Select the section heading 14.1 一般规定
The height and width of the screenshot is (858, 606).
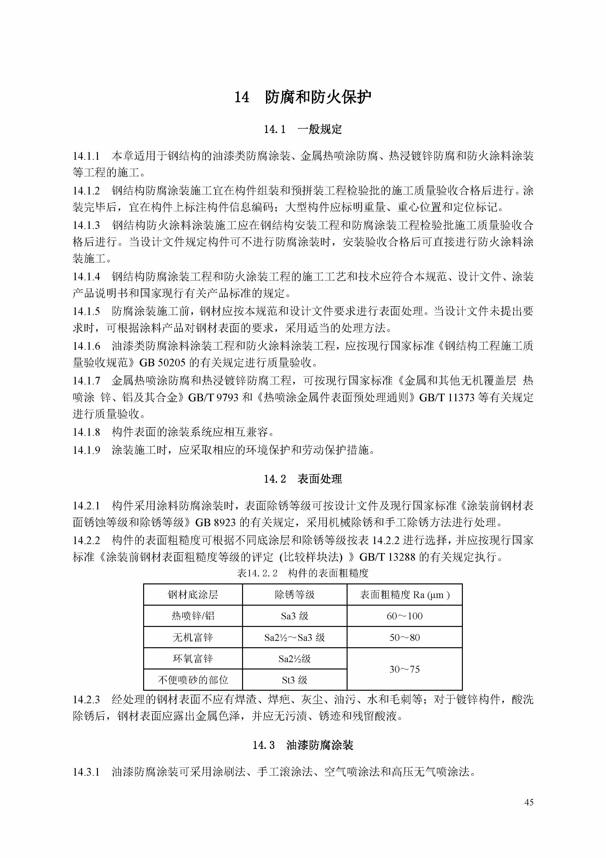303,129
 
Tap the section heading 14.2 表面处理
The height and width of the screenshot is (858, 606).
303,479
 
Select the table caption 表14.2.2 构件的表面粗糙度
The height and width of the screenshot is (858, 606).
303,573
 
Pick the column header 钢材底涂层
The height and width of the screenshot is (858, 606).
193,595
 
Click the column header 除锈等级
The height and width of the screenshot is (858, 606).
295,595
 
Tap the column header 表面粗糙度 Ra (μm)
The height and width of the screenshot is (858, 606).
404,595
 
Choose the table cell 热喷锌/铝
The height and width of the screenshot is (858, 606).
193,616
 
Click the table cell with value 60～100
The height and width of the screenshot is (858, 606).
404,616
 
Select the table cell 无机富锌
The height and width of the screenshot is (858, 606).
193,637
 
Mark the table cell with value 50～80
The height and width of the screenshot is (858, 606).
404,637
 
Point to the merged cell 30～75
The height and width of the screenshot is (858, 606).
404,669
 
